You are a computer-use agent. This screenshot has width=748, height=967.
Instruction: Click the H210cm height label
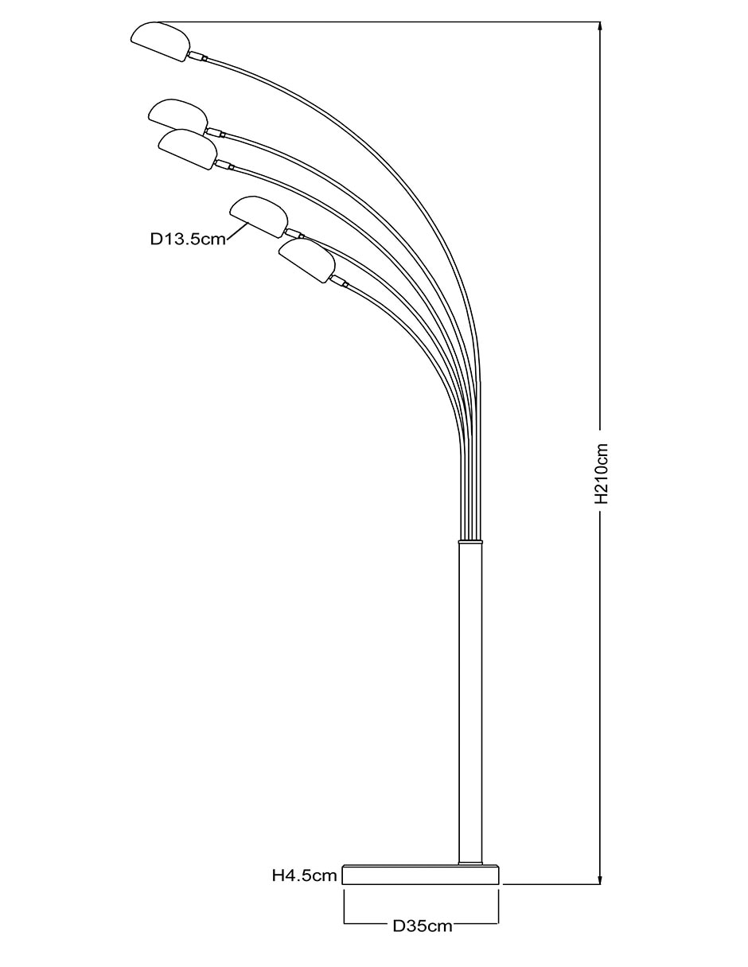(602, 473)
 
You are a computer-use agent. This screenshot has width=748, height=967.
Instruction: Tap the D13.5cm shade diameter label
(188, 239)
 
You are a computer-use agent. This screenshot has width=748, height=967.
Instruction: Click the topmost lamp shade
(161, 41)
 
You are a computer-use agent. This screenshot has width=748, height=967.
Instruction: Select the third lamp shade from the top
(188, 149)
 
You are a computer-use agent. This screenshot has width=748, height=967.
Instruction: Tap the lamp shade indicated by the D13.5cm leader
(259, 216)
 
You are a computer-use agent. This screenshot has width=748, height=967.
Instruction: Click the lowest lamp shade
(307, 260)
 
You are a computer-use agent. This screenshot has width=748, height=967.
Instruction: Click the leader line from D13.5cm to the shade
(236, 232)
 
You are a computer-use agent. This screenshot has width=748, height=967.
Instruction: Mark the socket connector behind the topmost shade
(197, 56)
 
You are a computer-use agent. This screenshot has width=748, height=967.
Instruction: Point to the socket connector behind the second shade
(215, 132)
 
